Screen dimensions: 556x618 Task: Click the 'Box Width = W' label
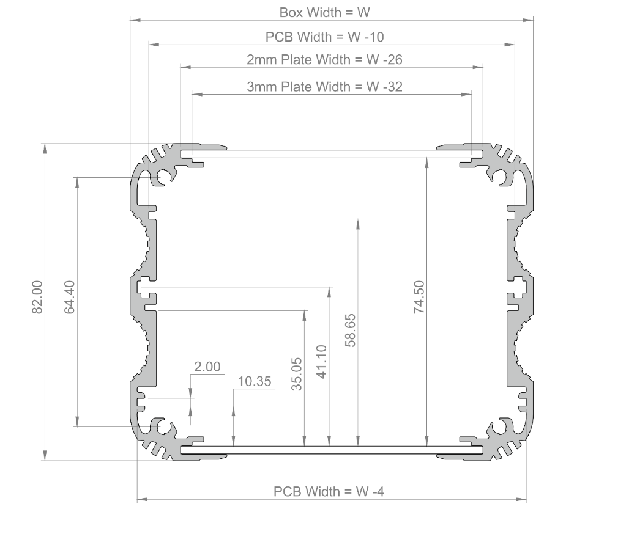pos(325,12)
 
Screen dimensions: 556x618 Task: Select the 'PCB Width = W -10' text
pos(325,37)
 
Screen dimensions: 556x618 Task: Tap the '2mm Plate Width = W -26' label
pos(324,60)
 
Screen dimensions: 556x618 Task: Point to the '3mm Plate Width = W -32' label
pos(324,86)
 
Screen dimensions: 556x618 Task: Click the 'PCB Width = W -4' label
pos(329,491)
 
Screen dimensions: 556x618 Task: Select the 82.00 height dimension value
pos(37,297)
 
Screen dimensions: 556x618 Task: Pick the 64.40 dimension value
pos(70,297)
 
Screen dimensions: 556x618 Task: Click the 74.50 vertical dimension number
pos(419,298)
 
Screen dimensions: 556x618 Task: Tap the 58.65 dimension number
pos(351,331)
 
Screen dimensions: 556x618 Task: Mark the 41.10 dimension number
pos(322,362)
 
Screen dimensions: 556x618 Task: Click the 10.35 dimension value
pos(254,382)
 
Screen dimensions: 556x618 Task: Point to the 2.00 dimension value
pos(207,367)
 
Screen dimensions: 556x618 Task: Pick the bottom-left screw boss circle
pos(165,427)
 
